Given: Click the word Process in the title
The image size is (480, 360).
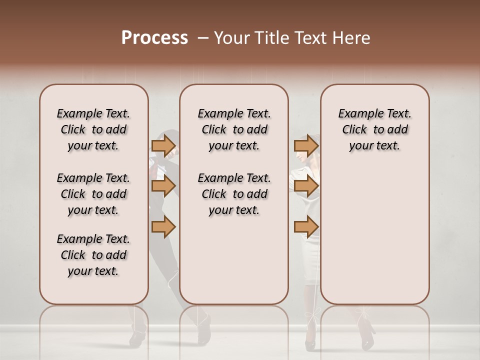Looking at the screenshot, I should coord(154,38).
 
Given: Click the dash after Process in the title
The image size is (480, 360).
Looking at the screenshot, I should coord(203,38).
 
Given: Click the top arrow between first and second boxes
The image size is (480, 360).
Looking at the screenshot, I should coord(163,145).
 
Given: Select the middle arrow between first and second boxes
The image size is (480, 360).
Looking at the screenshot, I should coord(163,186).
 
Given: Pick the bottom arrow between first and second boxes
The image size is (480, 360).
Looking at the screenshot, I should coord(163,227).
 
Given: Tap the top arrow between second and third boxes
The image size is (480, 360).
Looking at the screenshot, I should coord(306,145).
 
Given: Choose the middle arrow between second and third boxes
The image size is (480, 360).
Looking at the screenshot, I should coord(306,186).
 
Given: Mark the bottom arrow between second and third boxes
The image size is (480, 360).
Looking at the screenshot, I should coord(306,227).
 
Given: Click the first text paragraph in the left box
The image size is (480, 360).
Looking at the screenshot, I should coord(93,129).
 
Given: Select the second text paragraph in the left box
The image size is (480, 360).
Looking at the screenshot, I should coord(93,194).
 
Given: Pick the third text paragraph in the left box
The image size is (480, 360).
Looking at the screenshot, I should coord(93,255).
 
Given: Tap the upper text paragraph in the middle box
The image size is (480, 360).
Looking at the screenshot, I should coord(234,129).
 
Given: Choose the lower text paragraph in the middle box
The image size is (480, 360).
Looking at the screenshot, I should coord(234,194).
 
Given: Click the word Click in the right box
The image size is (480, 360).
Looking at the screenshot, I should coord(354,129).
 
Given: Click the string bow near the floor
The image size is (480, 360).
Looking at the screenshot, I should coord(314,316).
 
